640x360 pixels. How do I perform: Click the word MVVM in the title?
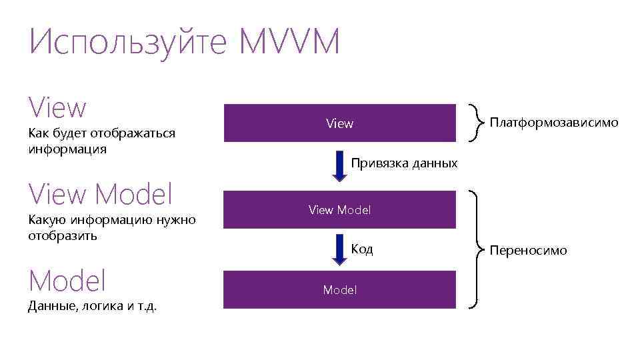pyautogui.click(x=289, y=43)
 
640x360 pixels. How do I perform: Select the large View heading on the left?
pyautogui.click(x=57, y=108)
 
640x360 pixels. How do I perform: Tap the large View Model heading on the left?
pyautogui.click(x=101, y=195)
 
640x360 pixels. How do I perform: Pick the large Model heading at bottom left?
pyautogui.click(x=67, y=281)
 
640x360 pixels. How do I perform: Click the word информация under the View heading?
pyautogui.click(x=67, y=149)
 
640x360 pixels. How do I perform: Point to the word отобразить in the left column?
pyautogui.click(x=63, y=235)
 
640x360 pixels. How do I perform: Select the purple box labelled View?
pyautogui.click(x=339, y=123)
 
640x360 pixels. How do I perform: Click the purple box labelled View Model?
pyautogui.click(x=339, y=210)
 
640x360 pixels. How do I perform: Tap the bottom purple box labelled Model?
pyautogui.click(x=339, y=290)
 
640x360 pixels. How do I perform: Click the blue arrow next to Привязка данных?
pyautogui.click(x=339, y=167)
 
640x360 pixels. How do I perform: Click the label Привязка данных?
pyautogui.click(x=404, y=163)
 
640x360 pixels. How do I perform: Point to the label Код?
pyautogui.click(x=362, y=249)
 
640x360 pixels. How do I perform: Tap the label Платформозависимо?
pyautogui.click(x=554, y=123)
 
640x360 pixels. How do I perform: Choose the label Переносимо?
pyautogui.click(x=528, y=251)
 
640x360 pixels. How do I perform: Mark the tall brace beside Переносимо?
pyautogui.click(x=477, y=250)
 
